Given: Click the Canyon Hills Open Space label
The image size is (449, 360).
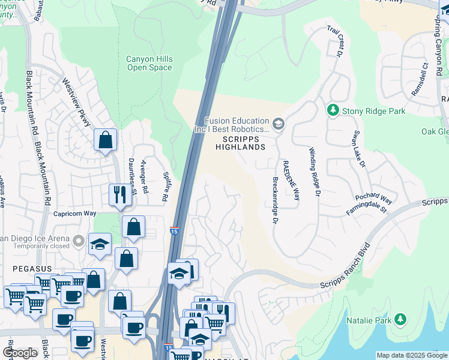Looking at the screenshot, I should [149, 63].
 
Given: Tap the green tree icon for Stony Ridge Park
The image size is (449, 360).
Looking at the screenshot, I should [332, 110].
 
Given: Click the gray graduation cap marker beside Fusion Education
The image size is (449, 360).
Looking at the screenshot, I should [278, 124].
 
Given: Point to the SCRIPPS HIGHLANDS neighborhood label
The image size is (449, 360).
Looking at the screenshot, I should [240, 142].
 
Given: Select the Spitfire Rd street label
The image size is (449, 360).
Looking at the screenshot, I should [166, 187].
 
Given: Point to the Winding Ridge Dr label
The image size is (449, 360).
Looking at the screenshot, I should [313, 172].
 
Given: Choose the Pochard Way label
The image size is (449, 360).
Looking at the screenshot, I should [373, 198].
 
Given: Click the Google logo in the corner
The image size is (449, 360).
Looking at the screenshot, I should [20, 353].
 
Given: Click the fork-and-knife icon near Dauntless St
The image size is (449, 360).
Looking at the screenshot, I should [118, 194].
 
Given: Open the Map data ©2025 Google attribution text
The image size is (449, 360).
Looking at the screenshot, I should [411, 355].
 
